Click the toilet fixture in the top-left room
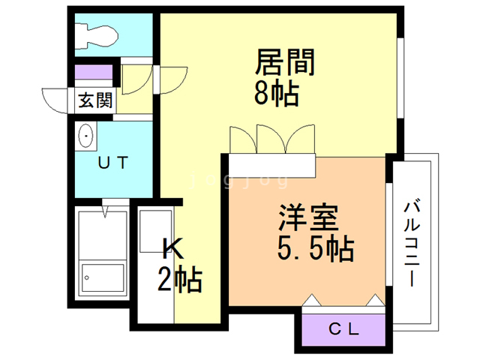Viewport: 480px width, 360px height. (x=97, y=37)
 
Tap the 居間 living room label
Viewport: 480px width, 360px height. (x=285, y=62)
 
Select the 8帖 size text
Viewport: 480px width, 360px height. (x=277, y=92)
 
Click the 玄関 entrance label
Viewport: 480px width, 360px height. (x=95, y=100)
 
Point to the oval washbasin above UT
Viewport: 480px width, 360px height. (x=86, y=136)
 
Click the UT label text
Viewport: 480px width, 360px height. (x=112, y=163)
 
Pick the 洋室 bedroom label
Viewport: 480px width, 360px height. (x=308, y=217)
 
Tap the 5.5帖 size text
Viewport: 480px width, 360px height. (x=316, y=248)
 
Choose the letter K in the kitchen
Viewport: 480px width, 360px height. (x=173, y=248)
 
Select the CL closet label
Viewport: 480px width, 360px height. (x=343, y=329)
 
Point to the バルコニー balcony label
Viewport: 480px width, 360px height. (x=412, y=244)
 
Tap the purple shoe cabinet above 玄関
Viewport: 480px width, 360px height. (x=94, y=72)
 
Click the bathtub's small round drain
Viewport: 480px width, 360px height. (x=87, y=278)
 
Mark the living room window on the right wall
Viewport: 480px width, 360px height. (x=400, y=78)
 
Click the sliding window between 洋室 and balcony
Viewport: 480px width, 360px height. (x=388, y=235)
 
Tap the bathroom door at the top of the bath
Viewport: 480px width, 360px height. (x=115, y=202)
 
